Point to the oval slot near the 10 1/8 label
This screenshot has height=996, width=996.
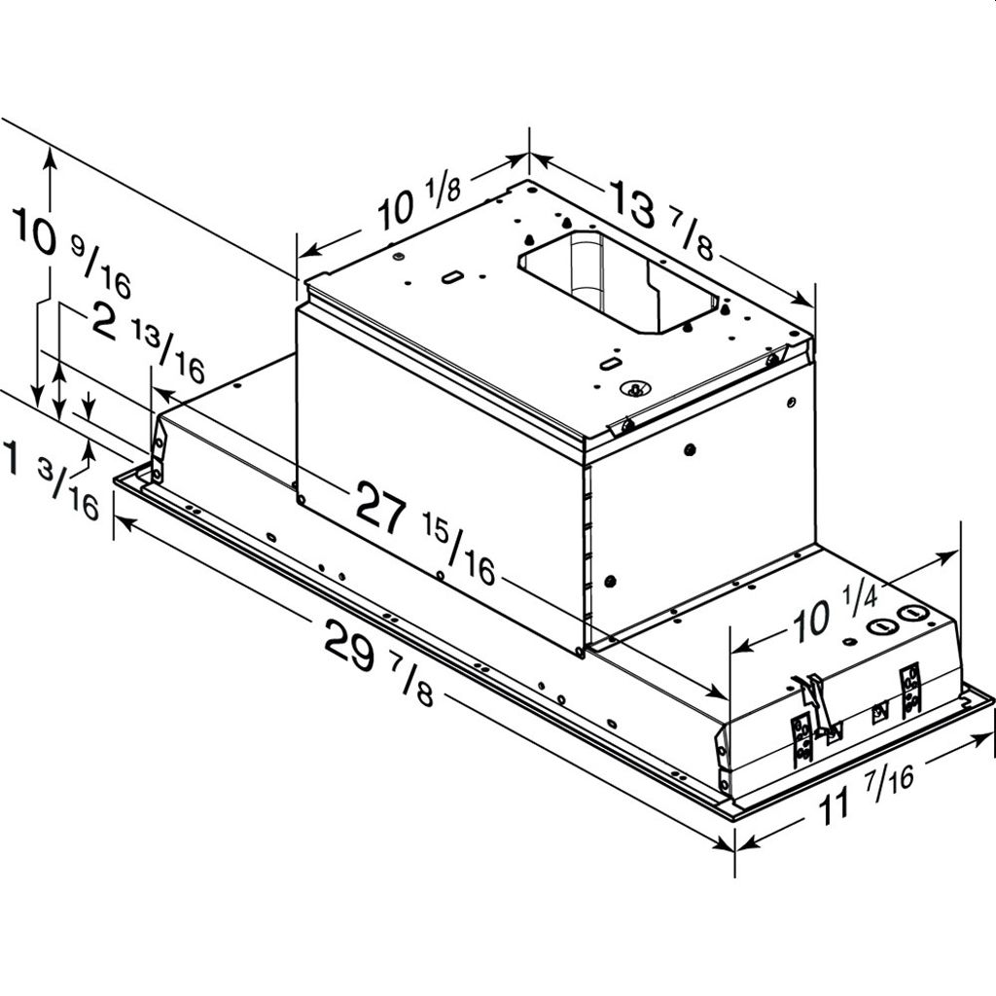pyautogui.click(x=451, y=278)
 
